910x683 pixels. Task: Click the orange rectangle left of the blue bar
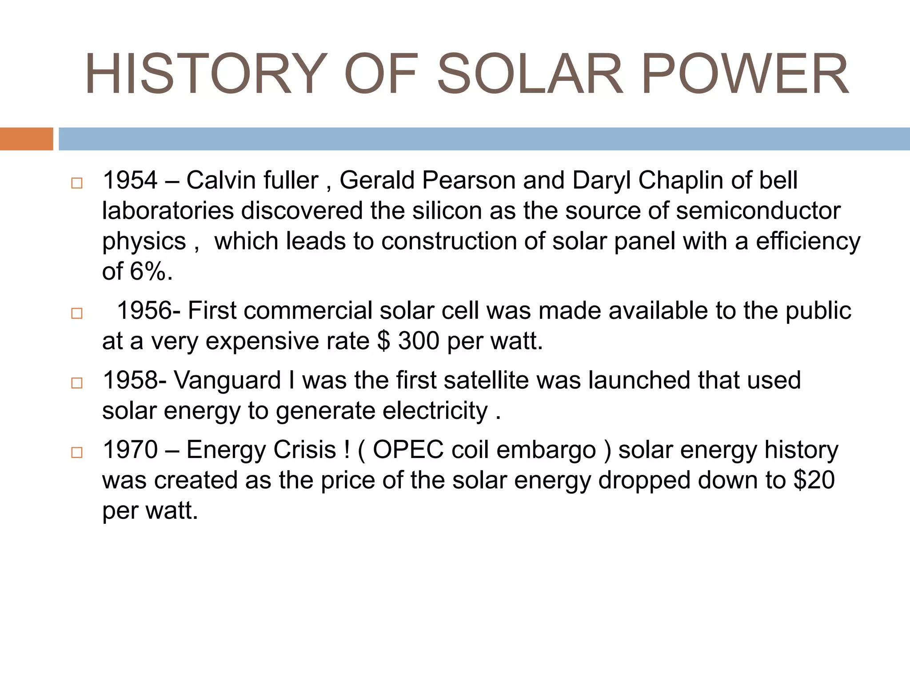point(26,139)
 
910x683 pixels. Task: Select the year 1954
point(130,181)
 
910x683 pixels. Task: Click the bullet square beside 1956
point(77,313)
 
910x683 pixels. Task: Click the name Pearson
point(469,181)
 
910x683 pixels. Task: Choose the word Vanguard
point(227,381)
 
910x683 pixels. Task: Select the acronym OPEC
point(408,450)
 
